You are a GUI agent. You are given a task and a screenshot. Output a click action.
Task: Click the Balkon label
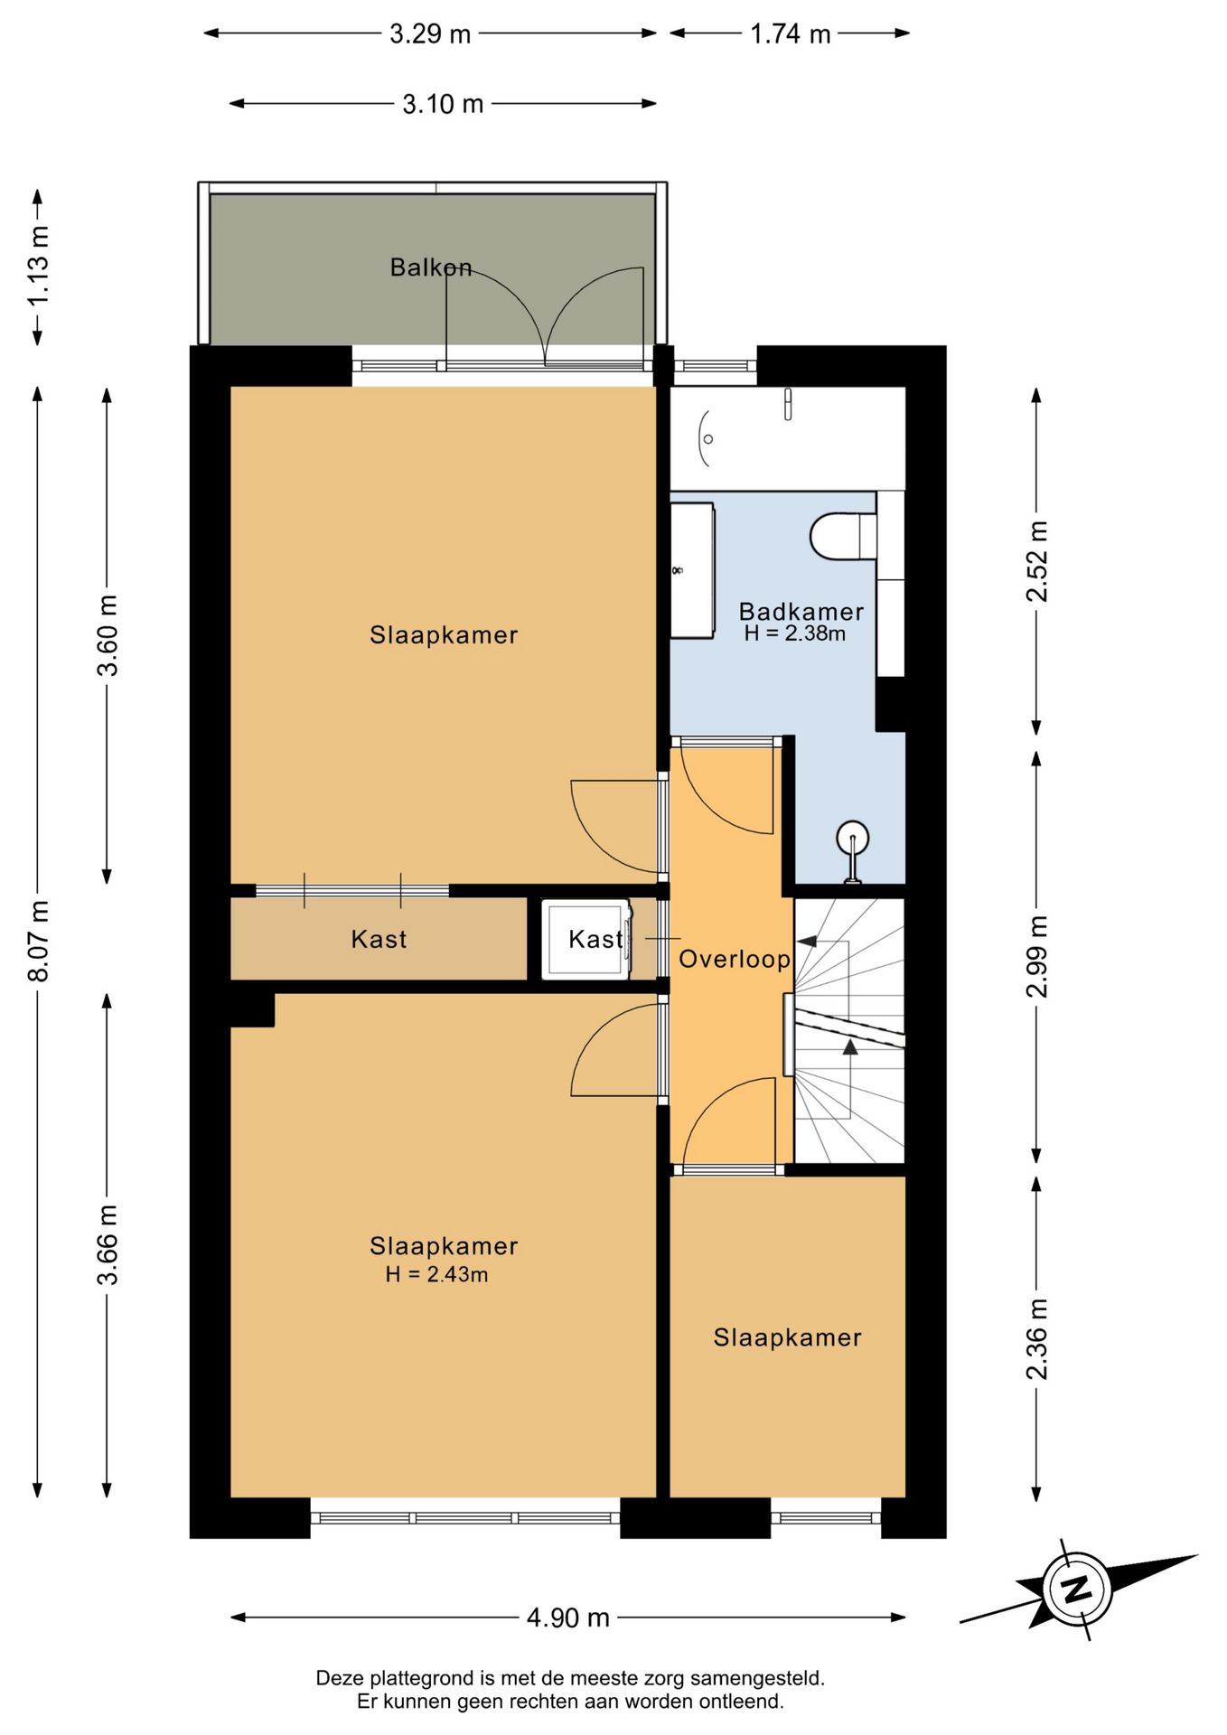point(431,267)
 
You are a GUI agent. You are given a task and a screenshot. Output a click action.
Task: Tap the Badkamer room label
point(801,612)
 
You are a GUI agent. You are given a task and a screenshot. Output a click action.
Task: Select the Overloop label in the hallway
point(735,960)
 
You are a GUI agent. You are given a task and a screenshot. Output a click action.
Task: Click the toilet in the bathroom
point(843,536)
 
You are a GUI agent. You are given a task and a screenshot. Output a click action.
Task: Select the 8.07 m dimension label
point(39,941)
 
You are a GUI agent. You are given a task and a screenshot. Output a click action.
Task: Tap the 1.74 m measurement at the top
point(791,33)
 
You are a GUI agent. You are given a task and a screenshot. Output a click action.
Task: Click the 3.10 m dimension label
point(443,104)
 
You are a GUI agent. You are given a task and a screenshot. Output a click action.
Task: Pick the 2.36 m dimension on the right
point(1037,1339)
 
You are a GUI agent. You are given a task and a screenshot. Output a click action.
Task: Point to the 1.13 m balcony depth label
point(39,266)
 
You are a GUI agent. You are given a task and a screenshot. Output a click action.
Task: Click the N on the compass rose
point(1077,1588)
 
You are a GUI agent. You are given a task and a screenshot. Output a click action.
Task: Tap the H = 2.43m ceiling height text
point(436,1275)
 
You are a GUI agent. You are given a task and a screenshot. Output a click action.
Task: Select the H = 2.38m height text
point(795,633)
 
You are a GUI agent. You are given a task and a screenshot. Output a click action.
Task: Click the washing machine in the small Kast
point(586,940)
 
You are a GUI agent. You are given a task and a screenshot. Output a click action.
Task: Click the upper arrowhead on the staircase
point(807,941)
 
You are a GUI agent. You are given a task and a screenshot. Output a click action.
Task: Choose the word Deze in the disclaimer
point(339,1678)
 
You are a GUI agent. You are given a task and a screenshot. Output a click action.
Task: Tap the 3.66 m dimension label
point(108,1244)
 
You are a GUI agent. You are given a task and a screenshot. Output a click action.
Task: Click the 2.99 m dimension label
point(1037,956)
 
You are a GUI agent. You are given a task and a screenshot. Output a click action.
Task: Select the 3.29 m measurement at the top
point(430,33)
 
